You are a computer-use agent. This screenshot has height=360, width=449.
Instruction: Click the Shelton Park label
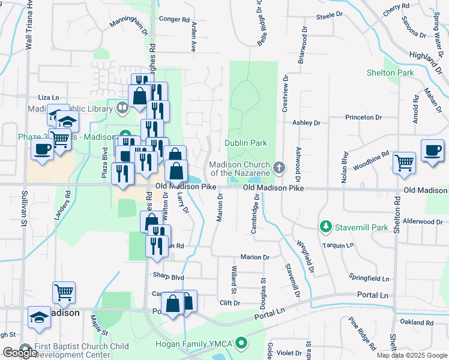pos(390,73)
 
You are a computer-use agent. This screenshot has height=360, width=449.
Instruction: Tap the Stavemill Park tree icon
pos(326,226)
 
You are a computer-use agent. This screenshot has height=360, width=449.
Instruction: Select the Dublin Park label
pos(246,143)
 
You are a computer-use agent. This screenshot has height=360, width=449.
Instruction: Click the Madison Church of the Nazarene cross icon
pos(279,166)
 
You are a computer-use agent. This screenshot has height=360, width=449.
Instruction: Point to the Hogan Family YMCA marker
pos(241,343)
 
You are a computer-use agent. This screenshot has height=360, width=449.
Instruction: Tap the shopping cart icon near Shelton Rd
pos(405,162)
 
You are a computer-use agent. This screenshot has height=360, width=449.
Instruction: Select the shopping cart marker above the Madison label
pos(64,293)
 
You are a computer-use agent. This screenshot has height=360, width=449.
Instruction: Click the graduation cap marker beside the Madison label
pos(40,317)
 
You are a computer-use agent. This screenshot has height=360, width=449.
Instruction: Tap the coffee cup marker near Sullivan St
pos(42,149)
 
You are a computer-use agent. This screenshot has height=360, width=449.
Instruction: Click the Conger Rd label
pos(174,19)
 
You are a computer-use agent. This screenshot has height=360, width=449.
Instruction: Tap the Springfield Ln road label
pos(369,278)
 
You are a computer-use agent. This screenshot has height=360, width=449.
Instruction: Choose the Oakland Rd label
pos(412,322)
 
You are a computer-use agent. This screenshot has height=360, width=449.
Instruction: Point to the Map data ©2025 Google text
pos(412,355)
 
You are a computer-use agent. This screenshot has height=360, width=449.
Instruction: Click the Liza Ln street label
pos(49,97)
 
